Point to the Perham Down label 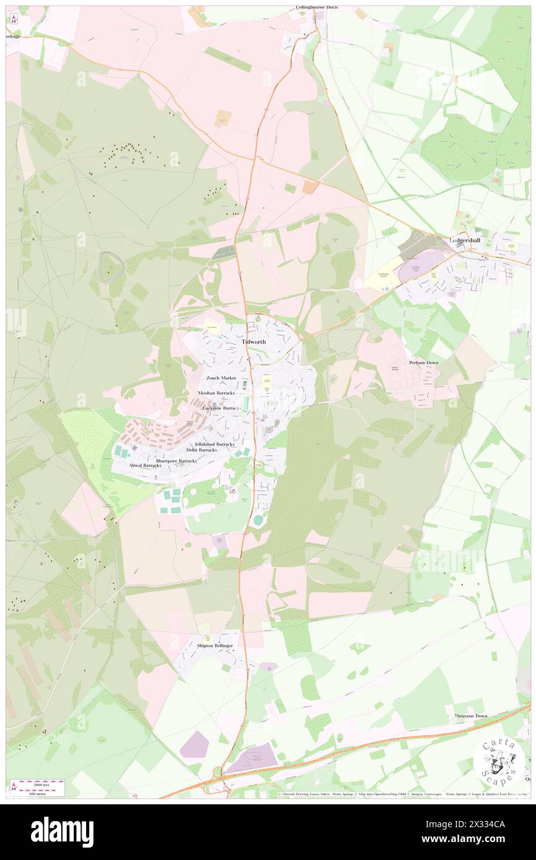pyautogui.click(x=423, y=363)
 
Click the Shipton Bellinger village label pyautogui.click(x=215, y=645)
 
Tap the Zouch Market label pyautogui.click(x=221, y=377)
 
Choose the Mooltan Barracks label pyautogui.click(x=217, y=393)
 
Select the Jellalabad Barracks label pyautogui.click(x=214, y=444)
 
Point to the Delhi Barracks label pyautogui.click(x=197, y=450)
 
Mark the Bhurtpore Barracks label pyautogui.click(x=176, y=461)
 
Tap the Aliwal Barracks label pyautogui.click(x=145, y=465)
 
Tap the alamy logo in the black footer pyautogui.click(x=62, y=832)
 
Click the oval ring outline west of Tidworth pyautogui.click(x=110, y=267)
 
